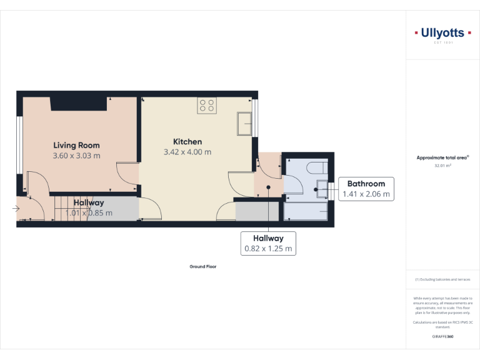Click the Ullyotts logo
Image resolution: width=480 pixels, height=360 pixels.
(442, 33)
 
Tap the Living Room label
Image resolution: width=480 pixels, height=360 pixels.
(76, 145)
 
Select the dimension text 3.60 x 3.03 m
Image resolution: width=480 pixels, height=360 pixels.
(76, 156)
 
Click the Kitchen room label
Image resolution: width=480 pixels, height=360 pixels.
(187, 141)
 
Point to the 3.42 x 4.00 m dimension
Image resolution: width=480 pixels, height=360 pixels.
(187, 152)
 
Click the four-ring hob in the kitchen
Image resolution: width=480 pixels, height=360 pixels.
(207, 106)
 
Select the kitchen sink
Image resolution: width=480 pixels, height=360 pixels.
(244, 124)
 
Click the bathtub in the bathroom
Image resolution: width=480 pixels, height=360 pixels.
(306, 211)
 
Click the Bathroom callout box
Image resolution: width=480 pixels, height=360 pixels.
(366, 189)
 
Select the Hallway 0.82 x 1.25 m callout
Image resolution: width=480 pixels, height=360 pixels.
(268, 243)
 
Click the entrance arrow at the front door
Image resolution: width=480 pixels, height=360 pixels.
(16, 208)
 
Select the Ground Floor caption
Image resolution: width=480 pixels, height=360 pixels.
(202, 266)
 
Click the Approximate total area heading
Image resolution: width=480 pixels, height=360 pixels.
(442, 158)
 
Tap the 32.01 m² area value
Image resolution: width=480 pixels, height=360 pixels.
(442, 166)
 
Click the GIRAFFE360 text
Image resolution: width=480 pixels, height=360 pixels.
(442, 336)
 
